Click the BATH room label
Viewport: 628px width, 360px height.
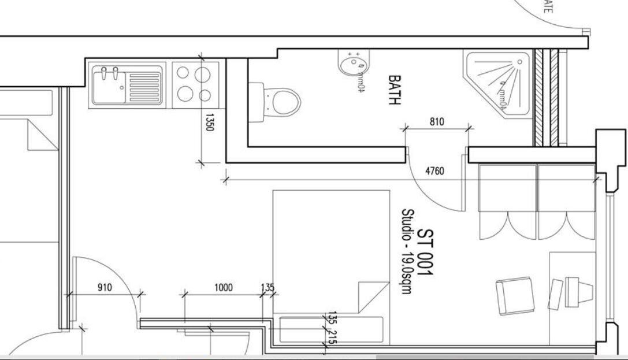[395, 90]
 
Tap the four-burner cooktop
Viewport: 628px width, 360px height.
[194, 84]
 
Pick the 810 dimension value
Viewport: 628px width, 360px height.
[437, 122]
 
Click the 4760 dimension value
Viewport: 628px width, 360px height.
[434, 172]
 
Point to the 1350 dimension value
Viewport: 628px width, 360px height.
[210, 122]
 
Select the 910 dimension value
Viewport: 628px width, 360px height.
[105, 287]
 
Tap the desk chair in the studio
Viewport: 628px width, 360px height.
[514, 295]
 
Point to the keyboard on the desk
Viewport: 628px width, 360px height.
[556, 293]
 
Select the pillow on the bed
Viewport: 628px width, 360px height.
[330, 329]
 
